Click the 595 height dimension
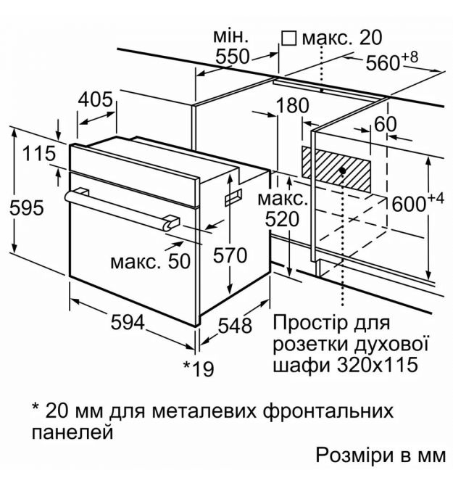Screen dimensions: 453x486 coord(27,207)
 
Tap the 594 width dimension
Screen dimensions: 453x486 coord(128,322)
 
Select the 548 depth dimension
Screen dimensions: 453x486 coord(235,326)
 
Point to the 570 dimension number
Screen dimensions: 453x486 coord(230,256)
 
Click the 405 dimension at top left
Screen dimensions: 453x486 coord(95,99)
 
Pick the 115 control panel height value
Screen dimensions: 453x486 coord(39,154)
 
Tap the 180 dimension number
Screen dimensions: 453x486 coord(292,105)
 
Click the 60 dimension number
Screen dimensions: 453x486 coord(385,124)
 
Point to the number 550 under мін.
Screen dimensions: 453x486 coord(232,57)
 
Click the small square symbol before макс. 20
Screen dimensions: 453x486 coord(289,38)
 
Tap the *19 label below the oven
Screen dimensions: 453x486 coord(199,368)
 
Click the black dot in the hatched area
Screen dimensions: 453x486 coord(342,170)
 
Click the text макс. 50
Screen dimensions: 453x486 coord(151,261)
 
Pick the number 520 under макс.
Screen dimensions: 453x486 coord(283,219)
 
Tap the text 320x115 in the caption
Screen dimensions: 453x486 coord(378,364)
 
